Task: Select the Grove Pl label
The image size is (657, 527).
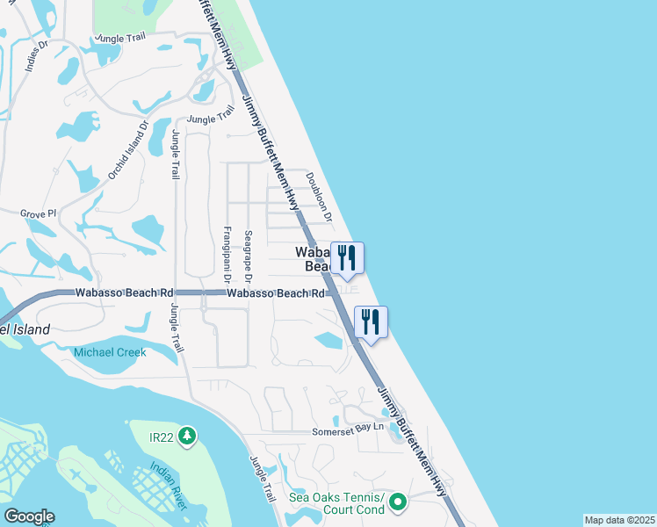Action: tap(38, 213)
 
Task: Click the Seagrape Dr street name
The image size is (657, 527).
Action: tap(249, 256)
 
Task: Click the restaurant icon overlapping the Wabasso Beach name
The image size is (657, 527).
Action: tap(347, 256)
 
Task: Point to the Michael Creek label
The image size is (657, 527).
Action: tap(110, 352)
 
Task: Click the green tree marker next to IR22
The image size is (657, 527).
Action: tap(186, 436)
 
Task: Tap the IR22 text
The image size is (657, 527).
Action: tap(162, 436)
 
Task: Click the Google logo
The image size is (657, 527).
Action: tap(29, 516)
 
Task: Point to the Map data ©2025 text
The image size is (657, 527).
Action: tap(619, 520)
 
